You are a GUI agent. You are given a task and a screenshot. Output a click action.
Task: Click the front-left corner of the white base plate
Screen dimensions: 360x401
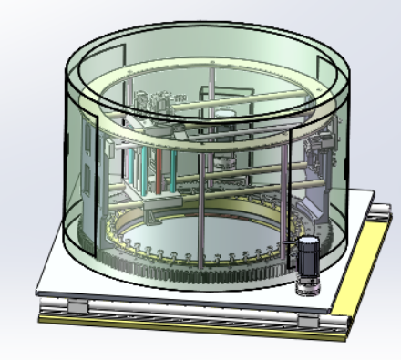[41, 292]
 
